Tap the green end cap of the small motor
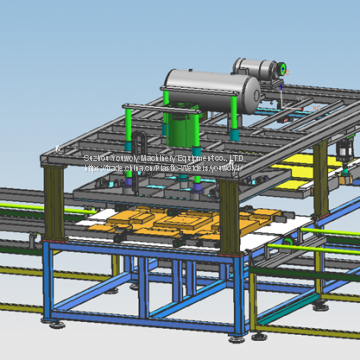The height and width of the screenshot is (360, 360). pyautogui.click(x=284, y=69)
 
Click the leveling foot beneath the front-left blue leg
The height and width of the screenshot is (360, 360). pyautogui.click(x=63, y=322)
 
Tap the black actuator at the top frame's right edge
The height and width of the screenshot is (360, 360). pyautogui.click(x=344, y=150)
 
